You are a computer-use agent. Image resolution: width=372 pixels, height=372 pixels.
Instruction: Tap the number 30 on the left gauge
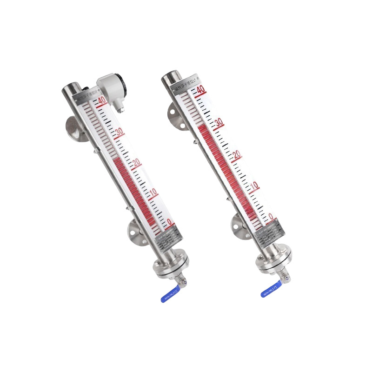tap(120, 132)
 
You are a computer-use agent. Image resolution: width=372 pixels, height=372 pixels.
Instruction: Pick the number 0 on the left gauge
tap(170, 222)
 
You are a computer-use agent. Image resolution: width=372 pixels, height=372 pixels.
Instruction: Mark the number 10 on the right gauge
tap(254, 186)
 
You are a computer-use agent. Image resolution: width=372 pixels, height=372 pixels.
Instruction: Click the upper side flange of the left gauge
tap(73, 127)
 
